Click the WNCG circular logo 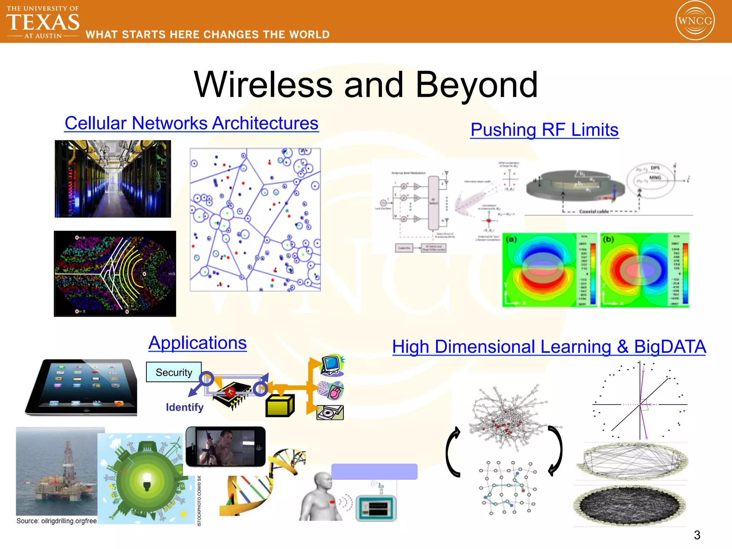pos(695,20)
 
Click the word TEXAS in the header pos(43,22)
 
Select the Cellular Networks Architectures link pos(191,123)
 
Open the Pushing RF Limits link pos(544,130)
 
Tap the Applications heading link pos(198,343)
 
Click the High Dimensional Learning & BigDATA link pos(549,347)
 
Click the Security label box pos(174,372)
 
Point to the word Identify pos(184,407)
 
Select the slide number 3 pos(697,535)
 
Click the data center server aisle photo pos(113,179)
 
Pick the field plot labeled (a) pos(549,270)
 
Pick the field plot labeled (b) pos(645,270)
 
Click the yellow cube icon pos(280,406)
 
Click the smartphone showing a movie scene pos(226,447)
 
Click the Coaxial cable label pos(594,212)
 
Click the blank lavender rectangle pos(374,471)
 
